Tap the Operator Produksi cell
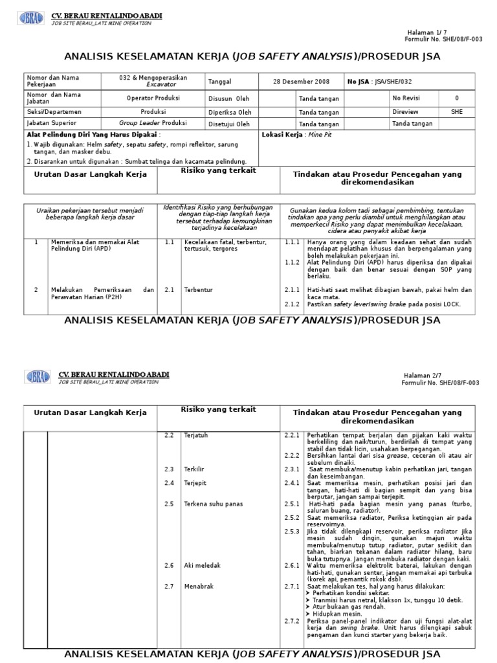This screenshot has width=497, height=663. [x=153, y=98]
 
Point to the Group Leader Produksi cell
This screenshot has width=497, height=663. [x=153, y=123]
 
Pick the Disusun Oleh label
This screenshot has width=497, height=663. [x=229, y=98]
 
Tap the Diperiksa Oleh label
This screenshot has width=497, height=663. [x=230, y=111]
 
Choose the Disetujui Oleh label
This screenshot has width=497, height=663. [x=229, y=124]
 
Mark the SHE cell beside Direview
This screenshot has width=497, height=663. [x=457, y=111]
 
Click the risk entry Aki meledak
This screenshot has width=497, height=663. [x=202, y=565]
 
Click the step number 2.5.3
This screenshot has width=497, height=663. [x=293, y=531]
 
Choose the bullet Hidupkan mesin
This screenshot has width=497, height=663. [x=337, y=613]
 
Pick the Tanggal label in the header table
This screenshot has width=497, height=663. [x=219, y=82]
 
